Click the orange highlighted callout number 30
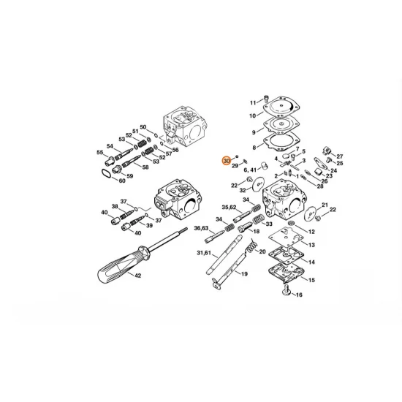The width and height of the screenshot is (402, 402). pos(227,160)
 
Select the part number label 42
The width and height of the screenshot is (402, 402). pos(137,276)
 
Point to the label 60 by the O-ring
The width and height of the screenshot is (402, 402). pos(123,181)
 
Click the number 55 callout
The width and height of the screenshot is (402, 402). pos(100,152)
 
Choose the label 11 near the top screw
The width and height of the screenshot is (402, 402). pos(254,102)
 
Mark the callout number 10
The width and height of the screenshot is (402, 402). pos(252,115)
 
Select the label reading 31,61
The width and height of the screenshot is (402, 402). pos(205,253)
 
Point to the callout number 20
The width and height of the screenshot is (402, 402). pos(262,251)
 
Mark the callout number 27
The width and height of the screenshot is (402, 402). pos(340,156)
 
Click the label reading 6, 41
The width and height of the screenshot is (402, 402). pos(251,170)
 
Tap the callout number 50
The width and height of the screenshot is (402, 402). pos(143,126)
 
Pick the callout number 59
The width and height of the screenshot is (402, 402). pos(130,176)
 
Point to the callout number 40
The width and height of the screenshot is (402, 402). pos(105,213)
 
